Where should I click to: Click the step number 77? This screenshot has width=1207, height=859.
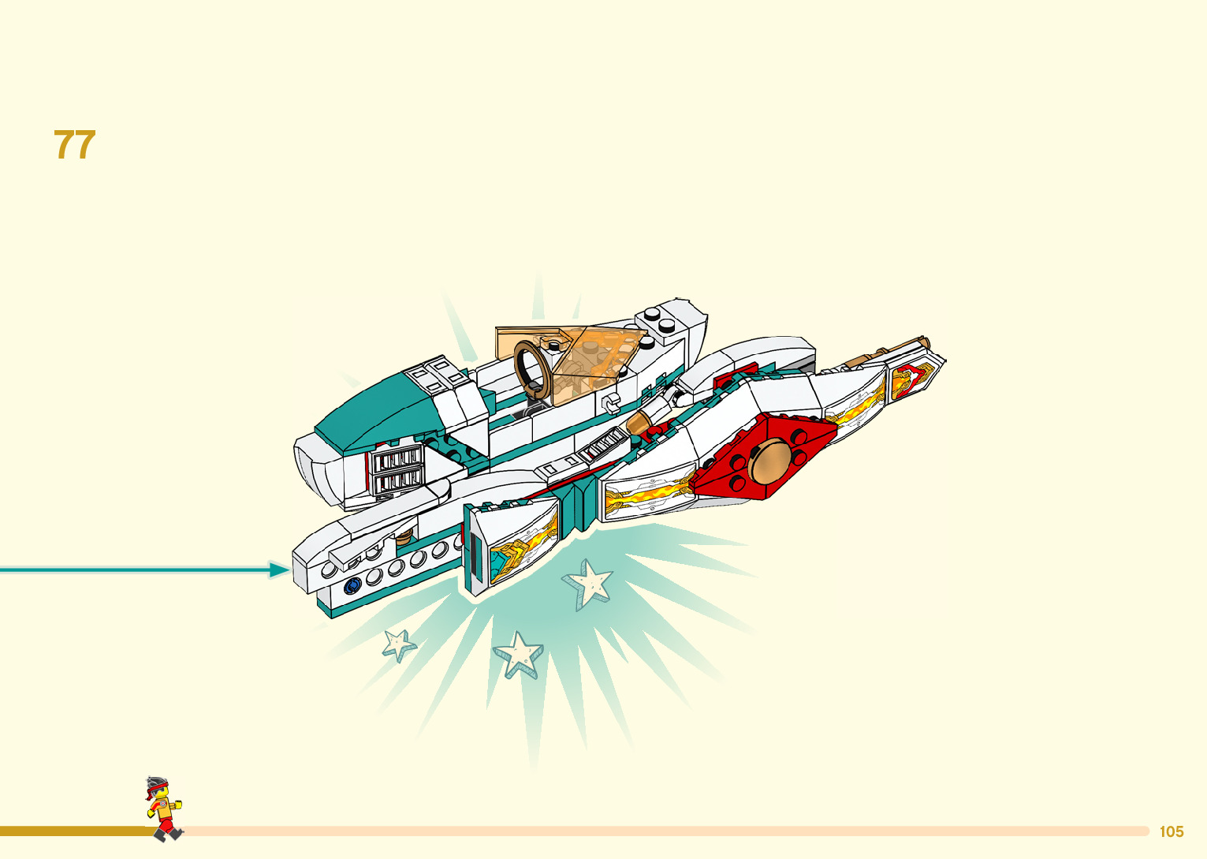point(75,145)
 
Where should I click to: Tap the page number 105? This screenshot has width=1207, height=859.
point(1171,831)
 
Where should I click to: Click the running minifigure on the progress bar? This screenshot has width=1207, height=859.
point(163,806)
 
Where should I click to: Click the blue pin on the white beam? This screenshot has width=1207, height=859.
point(352,584)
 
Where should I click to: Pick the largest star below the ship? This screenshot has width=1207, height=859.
point(588,584)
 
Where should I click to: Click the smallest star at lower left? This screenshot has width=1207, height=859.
point(399,644)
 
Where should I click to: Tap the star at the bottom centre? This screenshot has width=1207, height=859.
point(518,654)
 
